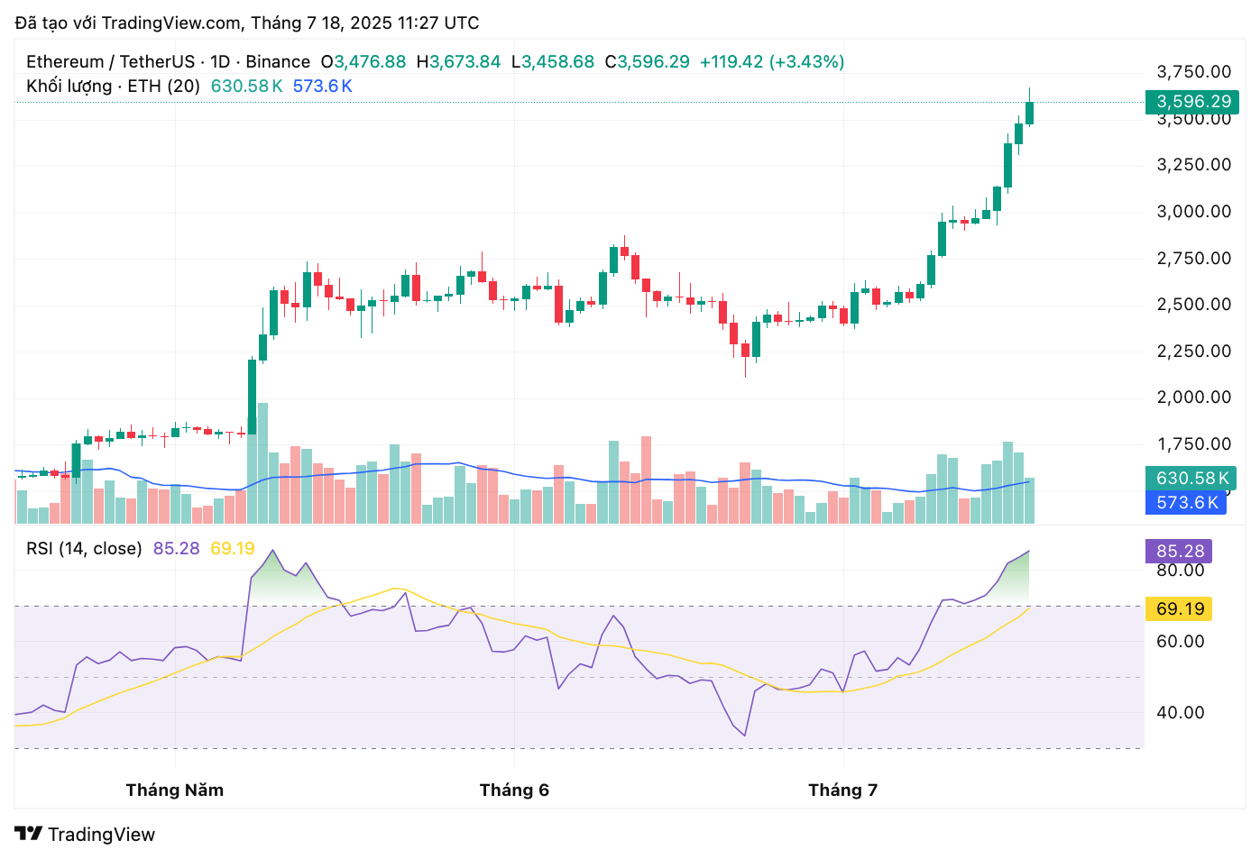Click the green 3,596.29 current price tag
pos(1192,102)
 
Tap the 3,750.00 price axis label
pos(1193,72)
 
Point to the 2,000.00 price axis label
pos(1193,398)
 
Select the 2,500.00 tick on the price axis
pos(1193,305)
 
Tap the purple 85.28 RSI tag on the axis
pos(1180,552)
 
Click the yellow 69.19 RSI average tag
pos(1180,609)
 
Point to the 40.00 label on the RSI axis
pos(1180,713)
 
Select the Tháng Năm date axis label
pos(175,790)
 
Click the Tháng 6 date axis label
pos(514,790)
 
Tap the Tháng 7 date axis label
pos(842,790)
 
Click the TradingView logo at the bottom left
pos(85,835)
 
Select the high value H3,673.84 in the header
pos(458,62)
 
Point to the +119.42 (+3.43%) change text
pos(772,62)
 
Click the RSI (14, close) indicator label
pos(84,549)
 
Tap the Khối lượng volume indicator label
pos(113,87)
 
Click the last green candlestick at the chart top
pos(1029,113)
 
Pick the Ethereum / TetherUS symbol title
pos(110,62)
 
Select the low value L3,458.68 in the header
pos(553,62)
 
